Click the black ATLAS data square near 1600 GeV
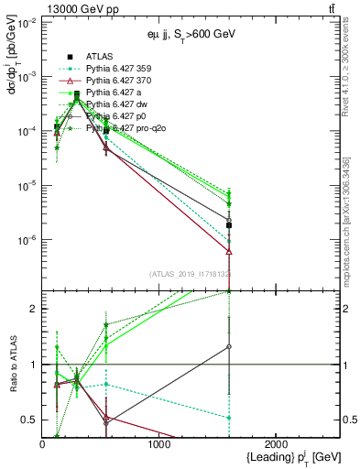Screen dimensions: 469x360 [x=229, y=224]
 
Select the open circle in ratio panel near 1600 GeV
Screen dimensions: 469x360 [x=229, y=346]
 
